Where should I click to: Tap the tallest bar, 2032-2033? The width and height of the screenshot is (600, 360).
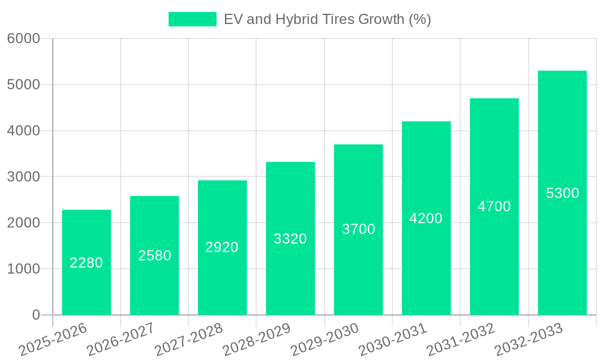[562, 193]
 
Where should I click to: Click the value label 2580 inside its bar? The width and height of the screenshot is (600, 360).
[155, 256]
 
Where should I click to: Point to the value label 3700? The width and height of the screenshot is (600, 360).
[359, 229]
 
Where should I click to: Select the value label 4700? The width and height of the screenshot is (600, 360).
[494, 206]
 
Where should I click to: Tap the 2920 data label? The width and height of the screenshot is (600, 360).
[222, 247]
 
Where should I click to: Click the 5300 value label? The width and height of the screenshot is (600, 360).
[562, 193]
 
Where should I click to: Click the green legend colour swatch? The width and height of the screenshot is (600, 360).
[192, 19]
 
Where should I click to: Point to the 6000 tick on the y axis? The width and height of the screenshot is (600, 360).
[23, 38]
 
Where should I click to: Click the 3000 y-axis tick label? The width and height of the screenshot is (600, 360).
[23, 177]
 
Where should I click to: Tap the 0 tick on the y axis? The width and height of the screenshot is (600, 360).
[35, 315]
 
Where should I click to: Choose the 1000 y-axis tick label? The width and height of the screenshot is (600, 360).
[23, 269]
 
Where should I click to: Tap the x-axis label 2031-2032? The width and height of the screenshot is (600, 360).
[461, 339]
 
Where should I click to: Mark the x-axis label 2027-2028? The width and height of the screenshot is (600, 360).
[189, 339]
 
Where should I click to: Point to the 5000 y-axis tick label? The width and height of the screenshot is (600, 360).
[23, 85]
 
